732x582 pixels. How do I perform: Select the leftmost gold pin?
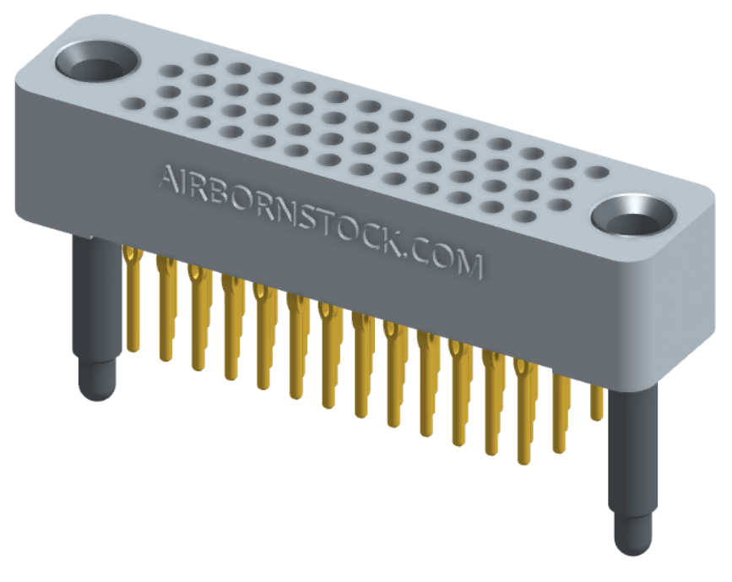[131, 296]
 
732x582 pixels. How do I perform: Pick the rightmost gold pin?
[597, 401]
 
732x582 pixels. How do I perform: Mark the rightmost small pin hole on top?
[598, 172]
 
